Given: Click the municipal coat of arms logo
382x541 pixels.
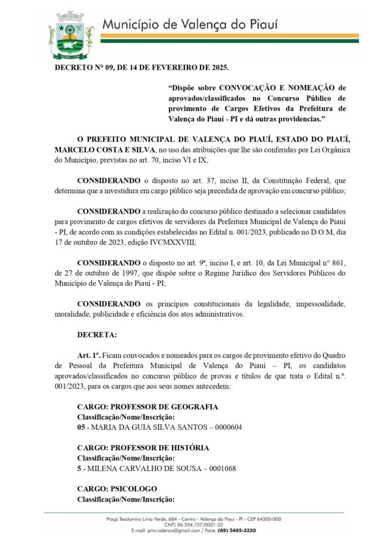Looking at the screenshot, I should pyautogui.click(x=72, y=36).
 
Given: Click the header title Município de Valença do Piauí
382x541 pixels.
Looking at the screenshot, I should pyautogui.click(x=190, y=25).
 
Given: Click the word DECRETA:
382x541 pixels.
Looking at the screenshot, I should pyautogui.click(x=97, y=335).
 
